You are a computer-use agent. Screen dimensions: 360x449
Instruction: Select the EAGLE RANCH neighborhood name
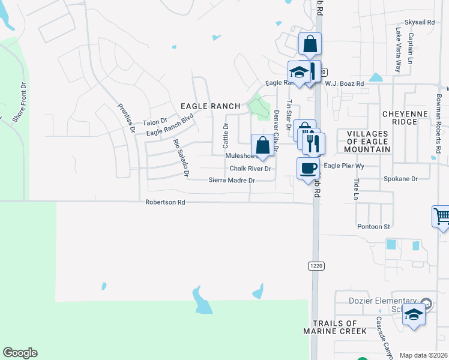point(211,106)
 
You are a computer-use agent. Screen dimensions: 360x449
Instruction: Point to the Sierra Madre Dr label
point(232,180)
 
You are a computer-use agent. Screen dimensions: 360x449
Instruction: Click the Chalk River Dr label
point(250,169)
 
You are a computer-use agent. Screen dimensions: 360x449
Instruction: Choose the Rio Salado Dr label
point(181,158)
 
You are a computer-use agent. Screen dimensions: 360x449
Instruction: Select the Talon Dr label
point(154,122)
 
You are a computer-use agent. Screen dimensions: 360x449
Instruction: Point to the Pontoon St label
point(374,227)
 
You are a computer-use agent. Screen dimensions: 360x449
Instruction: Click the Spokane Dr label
point(400,179)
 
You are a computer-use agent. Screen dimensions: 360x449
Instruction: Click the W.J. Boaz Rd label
point(345,84)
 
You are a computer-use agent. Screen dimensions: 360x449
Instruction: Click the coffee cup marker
point(309,167)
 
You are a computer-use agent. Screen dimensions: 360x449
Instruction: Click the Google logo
point(20,353)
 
